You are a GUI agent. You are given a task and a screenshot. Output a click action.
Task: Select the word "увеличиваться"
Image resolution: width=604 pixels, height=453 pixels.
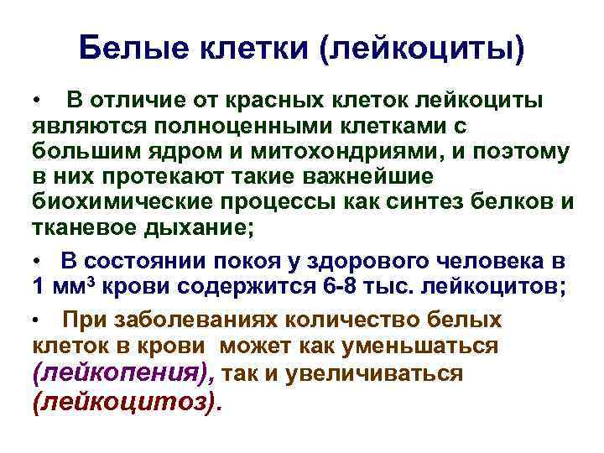coord(374,372)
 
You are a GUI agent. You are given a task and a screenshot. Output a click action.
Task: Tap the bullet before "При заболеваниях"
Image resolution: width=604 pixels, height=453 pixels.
coord(39,321)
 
